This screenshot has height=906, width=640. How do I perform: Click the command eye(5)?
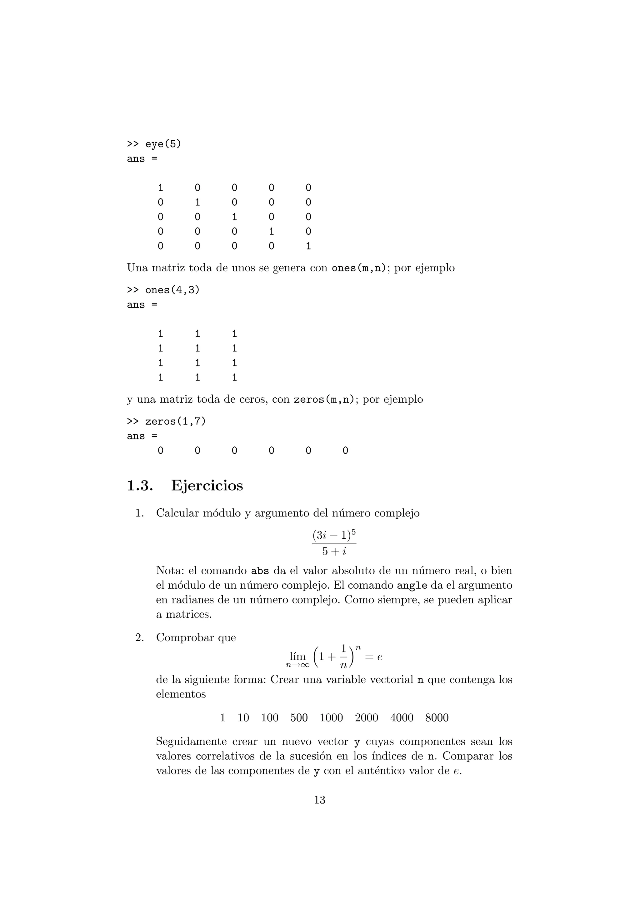(163, 144)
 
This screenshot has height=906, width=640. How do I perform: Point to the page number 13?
(319, 800)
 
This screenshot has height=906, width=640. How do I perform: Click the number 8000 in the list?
(437, 718)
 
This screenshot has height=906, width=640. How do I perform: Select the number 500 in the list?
(299, 718)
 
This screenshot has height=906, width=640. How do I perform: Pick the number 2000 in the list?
(366, 718)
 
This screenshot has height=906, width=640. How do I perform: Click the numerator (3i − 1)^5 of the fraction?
(334, 536)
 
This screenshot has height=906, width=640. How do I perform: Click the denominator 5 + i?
(334, 551)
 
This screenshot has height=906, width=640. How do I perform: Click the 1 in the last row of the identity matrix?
(308, 246)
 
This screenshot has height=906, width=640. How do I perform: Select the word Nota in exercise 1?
(169, 571)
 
